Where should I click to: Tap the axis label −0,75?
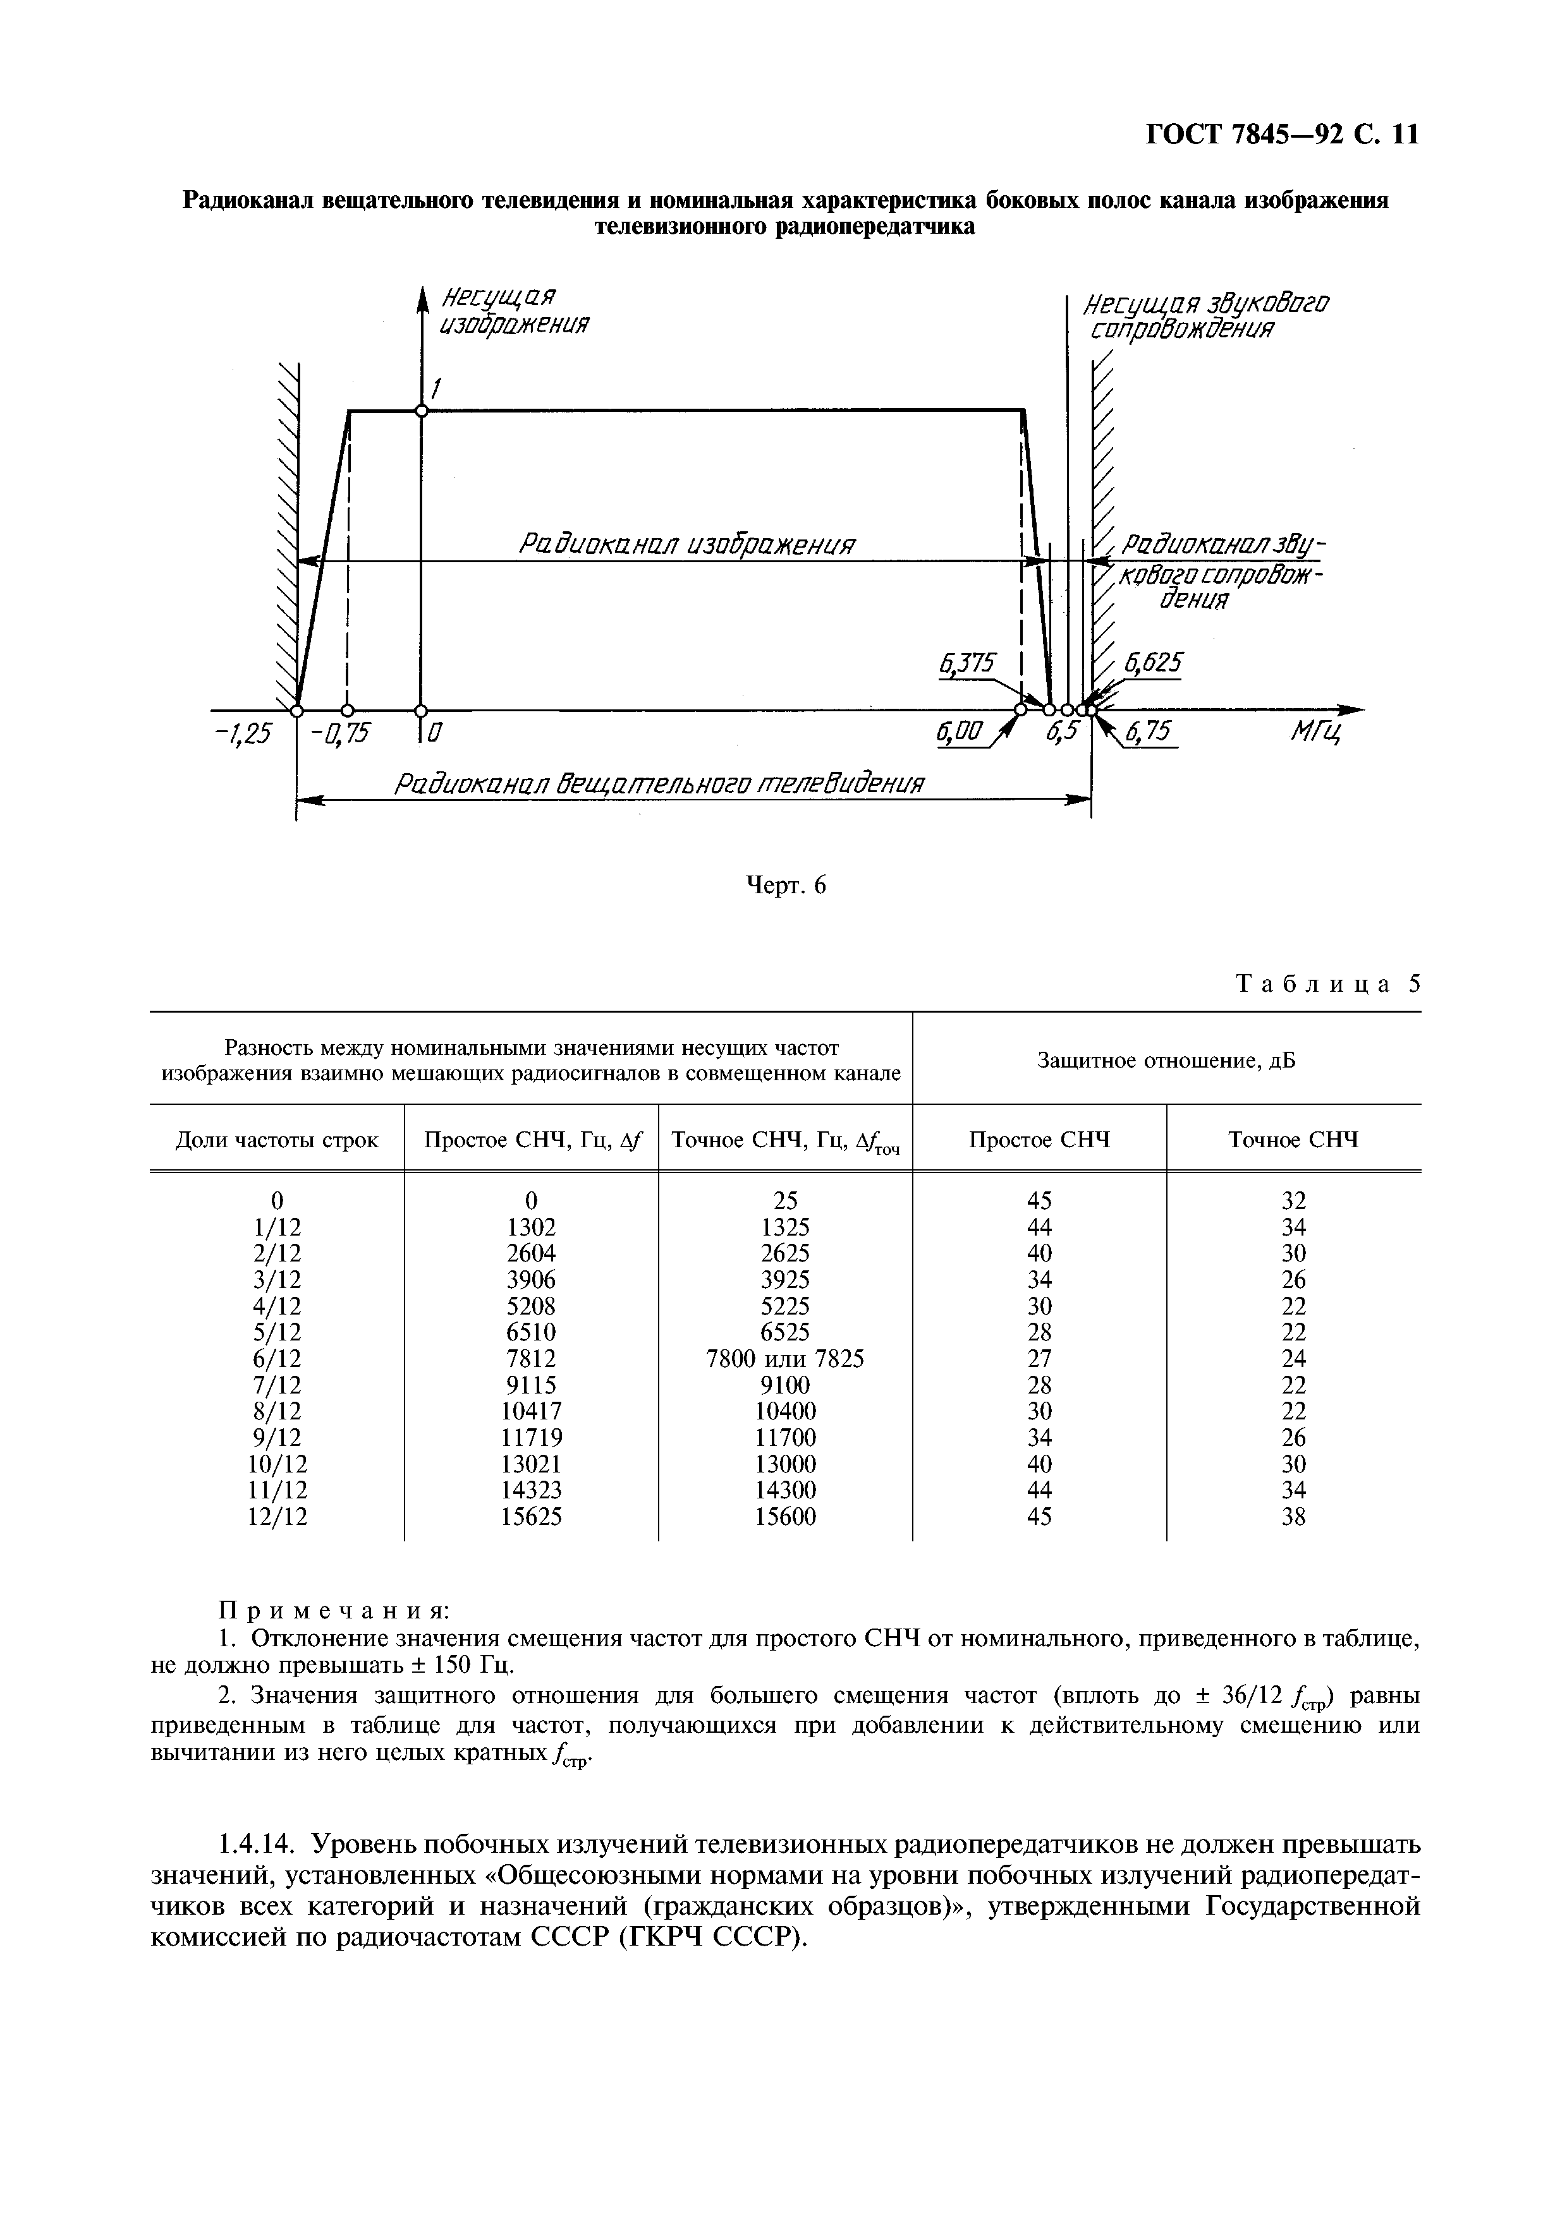(x=340, y=735)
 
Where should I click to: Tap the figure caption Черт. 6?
(x=787, y=886)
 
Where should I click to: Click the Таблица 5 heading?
(x=1329, y=984)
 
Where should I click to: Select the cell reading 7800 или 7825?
(x=785, y=1359)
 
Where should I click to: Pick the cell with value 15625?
(x=530, y=1517)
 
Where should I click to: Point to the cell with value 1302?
(x=530, y=1227)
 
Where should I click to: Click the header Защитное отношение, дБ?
(x=1166, y=1061)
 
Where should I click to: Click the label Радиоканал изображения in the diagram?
(x=688, y=545)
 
